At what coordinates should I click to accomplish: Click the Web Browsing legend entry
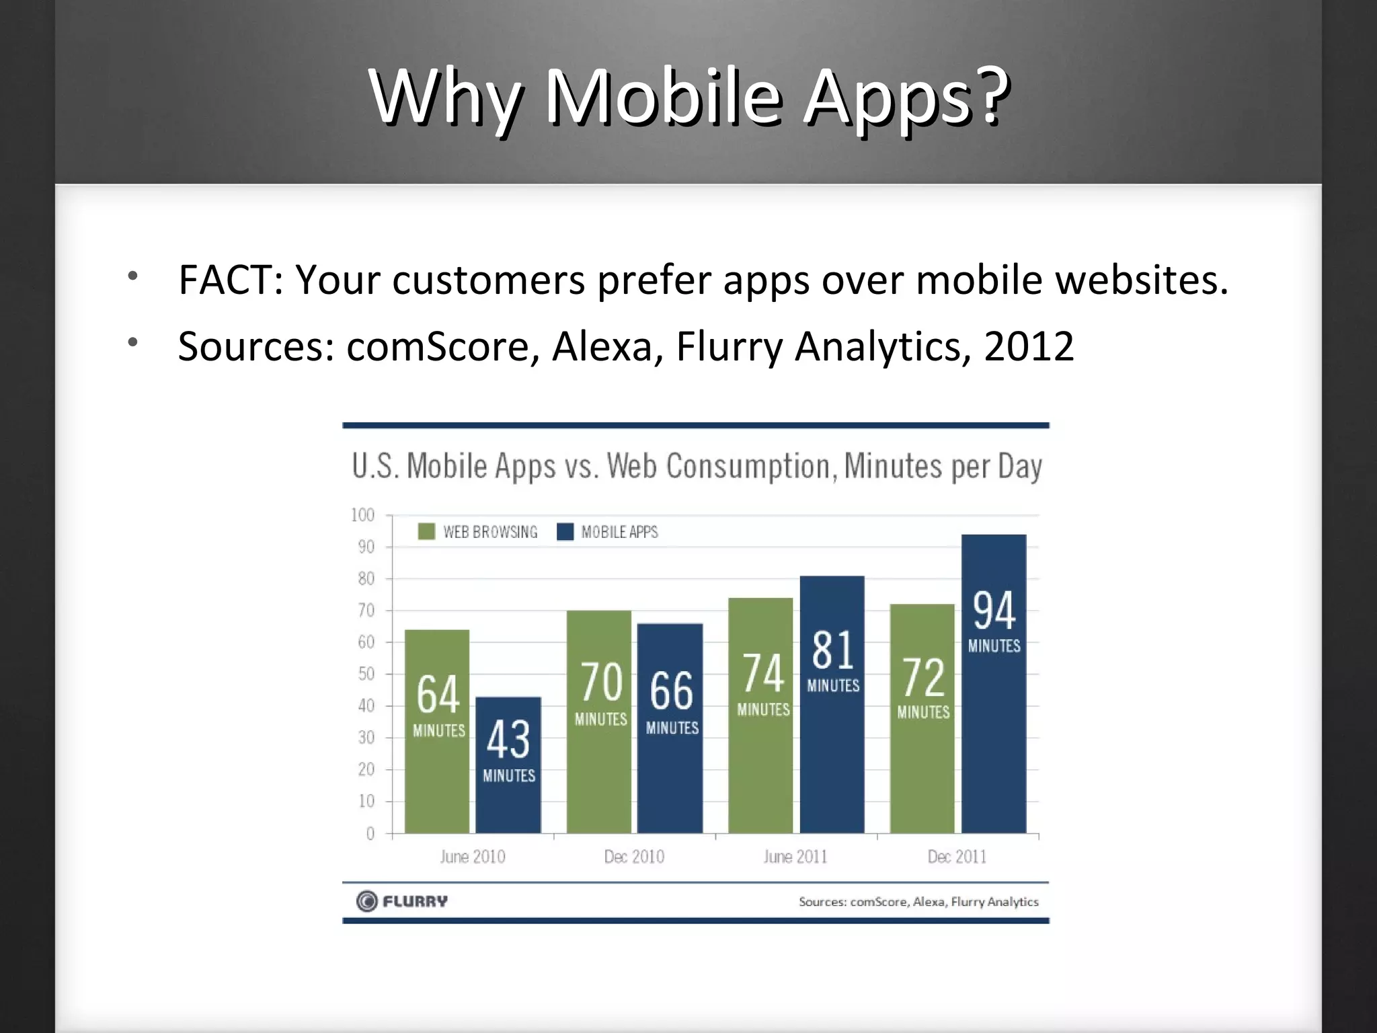click(478, 532)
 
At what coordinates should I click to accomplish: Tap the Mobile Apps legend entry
click(608, 532)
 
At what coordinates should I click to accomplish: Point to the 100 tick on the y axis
click(363, 515)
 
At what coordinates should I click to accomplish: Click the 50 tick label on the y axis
click(366, 674)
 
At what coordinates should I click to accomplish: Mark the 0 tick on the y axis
click(370, 834)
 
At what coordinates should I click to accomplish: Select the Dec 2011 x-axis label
click(957, 857)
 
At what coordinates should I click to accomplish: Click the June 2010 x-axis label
click(472, 857)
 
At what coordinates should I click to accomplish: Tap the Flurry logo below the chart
click(402, 901)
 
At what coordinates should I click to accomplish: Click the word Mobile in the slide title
click(663, 98)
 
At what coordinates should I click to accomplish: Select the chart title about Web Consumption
click(697, 466)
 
